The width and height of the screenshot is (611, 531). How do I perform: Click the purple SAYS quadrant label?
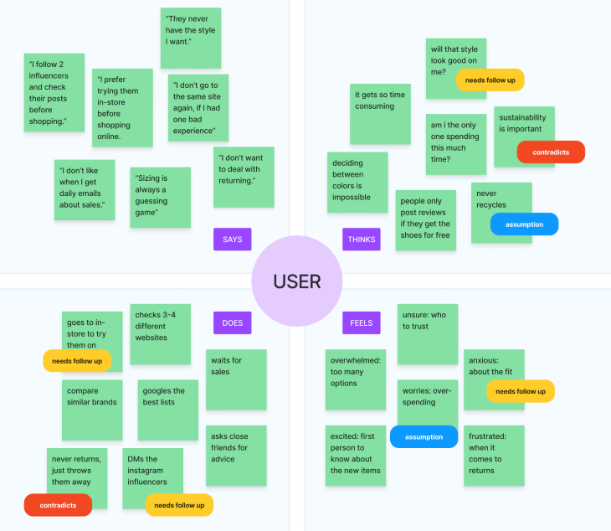click(232, 240)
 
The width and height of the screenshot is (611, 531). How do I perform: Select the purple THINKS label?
click(361, 240)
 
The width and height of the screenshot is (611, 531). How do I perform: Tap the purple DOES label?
click(232, 322)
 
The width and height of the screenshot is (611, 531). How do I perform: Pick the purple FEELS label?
click(361, 322)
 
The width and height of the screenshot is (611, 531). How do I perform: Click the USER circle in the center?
click(297, 281)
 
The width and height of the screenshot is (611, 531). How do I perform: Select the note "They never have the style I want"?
click(191, 38)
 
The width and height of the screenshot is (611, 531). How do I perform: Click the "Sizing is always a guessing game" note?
click(160, 197)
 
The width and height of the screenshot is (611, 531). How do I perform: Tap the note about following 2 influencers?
click(54, 92)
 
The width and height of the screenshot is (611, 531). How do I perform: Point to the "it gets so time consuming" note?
click(380, 113)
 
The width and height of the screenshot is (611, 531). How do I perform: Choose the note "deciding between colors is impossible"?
click(357, 182)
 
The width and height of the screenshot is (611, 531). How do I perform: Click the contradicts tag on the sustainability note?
click(550, 152)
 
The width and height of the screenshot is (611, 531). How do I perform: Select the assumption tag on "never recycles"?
click(524, 224)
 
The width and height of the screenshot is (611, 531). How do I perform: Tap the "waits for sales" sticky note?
click(236, 379)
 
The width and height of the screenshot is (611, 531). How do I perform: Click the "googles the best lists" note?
click(167, 410)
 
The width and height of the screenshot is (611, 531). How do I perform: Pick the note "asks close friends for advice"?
click(236, 455)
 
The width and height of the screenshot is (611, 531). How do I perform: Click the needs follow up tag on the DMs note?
click(179, 505)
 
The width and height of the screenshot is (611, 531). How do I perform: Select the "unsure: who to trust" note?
click(427, 333)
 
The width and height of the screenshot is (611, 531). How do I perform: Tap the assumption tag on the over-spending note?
click(424, 436)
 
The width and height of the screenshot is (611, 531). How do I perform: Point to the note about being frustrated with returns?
click(494, 455)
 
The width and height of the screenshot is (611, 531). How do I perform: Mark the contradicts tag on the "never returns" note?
click(58, 505)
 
